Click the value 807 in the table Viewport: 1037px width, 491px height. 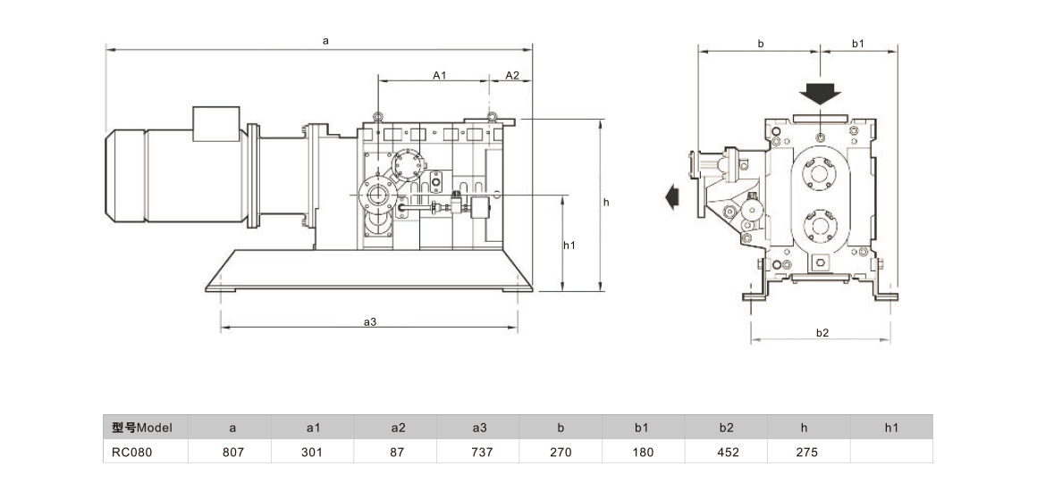point(232,453)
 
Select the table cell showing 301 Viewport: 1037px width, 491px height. point(314,453)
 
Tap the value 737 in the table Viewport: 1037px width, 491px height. point(479,453)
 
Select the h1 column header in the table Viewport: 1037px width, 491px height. point(891,428)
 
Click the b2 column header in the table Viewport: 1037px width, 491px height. point(726,428)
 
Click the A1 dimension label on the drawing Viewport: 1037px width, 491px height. point(439,75)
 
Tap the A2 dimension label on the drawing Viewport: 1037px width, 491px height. point(512,75)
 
